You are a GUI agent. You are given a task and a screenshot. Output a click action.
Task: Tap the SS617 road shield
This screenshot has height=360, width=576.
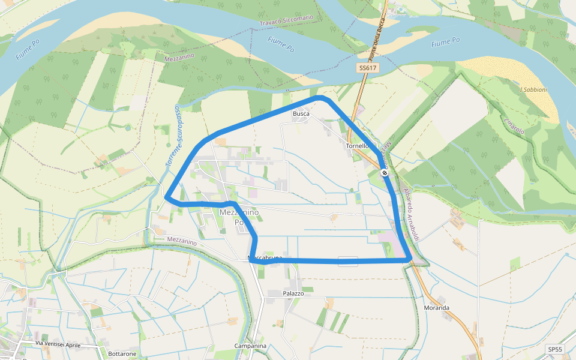point(368,68)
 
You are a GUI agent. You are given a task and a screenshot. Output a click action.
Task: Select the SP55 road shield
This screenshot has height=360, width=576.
point(555,349)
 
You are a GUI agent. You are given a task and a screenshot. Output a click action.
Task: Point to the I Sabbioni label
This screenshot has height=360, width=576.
point(533,89)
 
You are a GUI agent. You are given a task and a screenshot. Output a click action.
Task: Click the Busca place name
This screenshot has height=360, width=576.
point(301,113)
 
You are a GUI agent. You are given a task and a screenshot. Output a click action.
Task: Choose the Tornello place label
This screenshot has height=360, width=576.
point(358,146)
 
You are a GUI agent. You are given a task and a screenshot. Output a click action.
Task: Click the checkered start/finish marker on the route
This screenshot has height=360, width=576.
point(384,173)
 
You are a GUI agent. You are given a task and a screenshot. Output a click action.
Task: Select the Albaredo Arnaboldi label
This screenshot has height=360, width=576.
point(414,212)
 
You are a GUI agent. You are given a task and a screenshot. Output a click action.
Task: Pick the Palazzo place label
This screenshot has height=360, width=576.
point(293,293)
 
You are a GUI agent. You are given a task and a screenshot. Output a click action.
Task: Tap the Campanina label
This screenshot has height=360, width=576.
point(250,346)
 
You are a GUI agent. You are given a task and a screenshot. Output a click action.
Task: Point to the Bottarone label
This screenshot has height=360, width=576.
point(122,354)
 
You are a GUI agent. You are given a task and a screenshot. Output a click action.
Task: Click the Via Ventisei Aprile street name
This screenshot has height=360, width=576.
point(58,344)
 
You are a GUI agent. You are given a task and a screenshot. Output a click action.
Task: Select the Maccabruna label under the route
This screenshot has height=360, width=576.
point(265,258)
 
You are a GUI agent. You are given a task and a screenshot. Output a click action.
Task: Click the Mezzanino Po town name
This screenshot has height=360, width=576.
point(239,217)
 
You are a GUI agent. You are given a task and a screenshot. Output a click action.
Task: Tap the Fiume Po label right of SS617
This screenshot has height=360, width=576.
point(445,42)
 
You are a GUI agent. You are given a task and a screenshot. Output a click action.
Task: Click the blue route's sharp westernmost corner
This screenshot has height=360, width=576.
point(166,197)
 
